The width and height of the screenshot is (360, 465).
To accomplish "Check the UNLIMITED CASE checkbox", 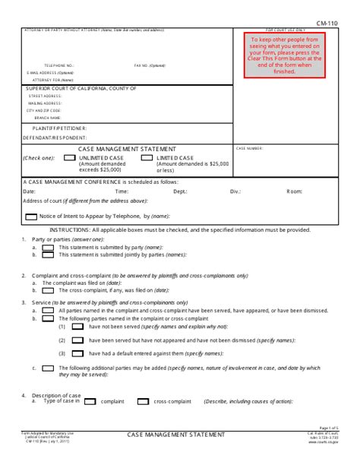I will point(70,158).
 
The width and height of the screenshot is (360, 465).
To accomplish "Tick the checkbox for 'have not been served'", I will point(77,325).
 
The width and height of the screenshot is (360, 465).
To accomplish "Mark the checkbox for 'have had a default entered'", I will point(77,353).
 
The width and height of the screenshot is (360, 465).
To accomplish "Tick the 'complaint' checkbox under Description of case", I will point(90,401).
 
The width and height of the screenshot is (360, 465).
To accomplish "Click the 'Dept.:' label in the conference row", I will point(180,192).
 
